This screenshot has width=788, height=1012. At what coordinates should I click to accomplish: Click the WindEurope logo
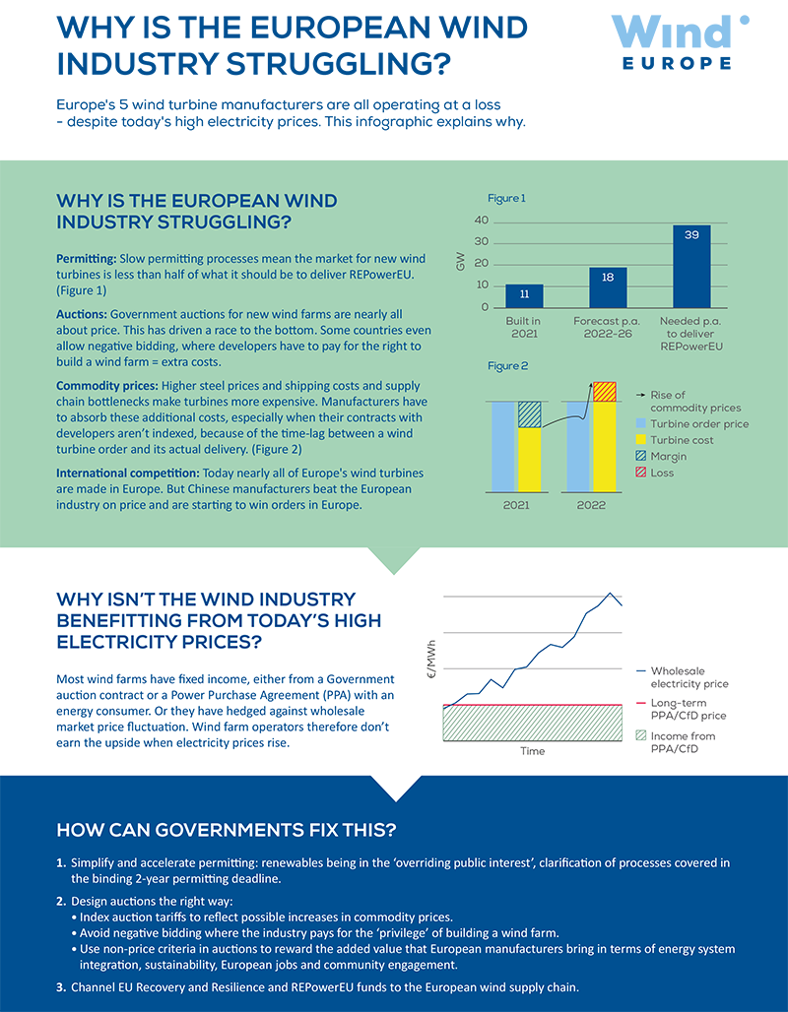[680, 42]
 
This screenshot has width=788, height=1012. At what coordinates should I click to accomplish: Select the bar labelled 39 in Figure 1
[691, 267]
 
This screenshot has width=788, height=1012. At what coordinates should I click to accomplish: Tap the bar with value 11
[524, 296]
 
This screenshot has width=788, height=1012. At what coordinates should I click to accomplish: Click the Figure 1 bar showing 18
[608, 287]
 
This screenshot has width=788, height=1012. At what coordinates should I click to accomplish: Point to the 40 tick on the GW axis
[482, 221]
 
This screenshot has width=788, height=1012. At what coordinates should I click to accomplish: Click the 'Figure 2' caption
[507, 366]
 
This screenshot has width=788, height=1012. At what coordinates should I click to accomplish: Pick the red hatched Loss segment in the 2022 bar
[605, 392]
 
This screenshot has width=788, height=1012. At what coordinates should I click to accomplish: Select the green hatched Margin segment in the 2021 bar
[530, 414]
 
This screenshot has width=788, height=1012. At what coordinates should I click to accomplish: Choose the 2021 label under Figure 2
[516, 505]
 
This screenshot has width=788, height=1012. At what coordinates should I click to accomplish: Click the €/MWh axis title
[432, 659]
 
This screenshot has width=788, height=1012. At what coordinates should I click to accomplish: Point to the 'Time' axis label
[532, 751]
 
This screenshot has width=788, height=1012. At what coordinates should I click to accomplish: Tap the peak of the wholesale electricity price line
[610, 593]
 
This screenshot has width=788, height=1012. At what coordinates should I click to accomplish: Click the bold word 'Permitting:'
[87, 259]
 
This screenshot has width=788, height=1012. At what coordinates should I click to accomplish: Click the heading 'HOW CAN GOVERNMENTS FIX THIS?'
[227, 830]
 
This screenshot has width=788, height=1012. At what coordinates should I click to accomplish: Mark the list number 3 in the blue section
[61, 987]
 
